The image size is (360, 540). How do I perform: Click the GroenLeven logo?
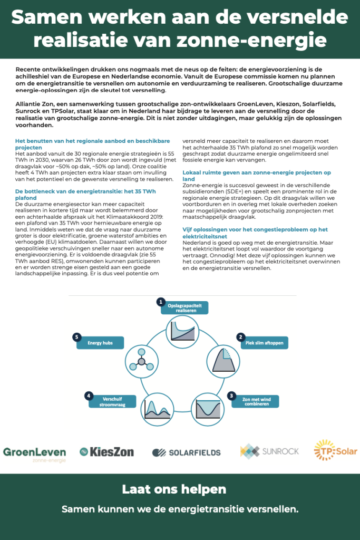34,454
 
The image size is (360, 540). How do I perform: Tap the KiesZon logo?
106,451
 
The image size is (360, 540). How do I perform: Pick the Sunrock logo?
269,451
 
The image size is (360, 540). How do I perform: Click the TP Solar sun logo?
335,451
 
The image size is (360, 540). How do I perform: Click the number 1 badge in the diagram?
161,302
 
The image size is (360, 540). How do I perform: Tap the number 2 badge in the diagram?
240,337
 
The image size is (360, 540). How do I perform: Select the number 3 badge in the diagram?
231,395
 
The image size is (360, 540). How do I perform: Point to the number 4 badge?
90,396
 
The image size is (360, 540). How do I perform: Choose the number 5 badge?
77,337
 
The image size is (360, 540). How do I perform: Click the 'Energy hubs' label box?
101,343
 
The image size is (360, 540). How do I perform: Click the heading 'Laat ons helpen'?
174,489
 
